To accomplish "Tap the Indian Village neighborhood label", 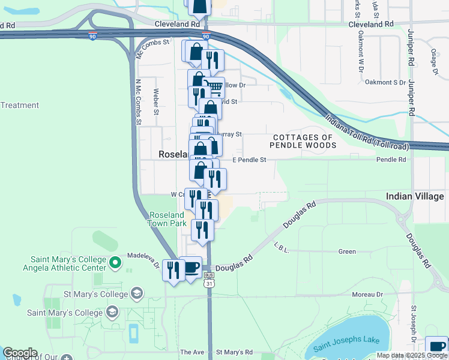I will pos(415,196).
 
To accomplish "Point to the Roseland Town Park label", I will pos(167,219).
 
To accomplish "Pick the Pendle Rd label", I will pos(391,160).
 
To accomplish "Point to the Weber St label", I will pos(156,102).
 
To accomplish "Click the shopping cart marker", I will pos(214,88).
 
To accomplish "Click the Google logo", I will pos(20,353).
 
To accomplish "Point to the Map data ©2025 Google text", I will pos(411,355).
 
